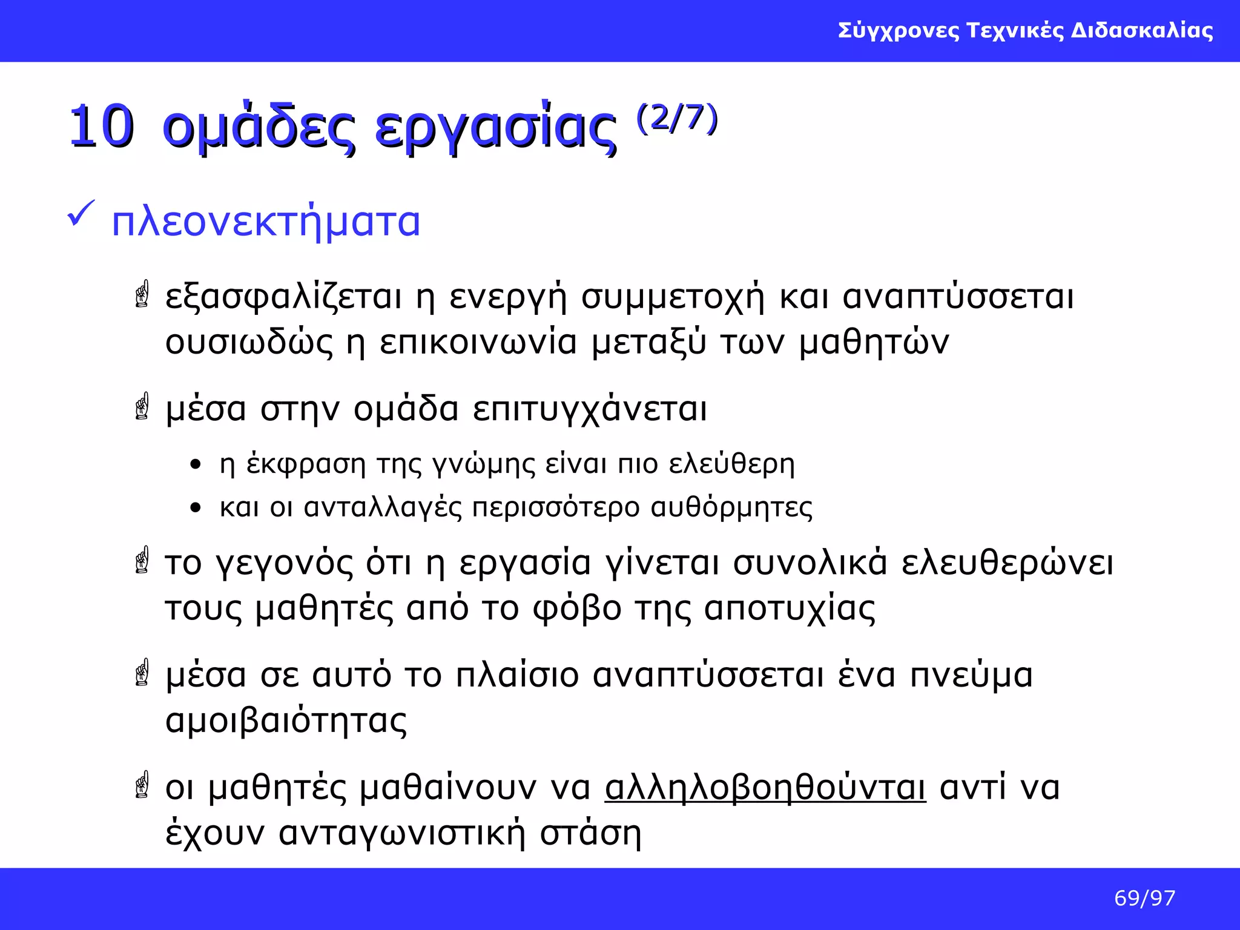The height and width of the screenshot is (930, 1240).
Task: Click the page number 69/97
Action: (x=1144, y=898)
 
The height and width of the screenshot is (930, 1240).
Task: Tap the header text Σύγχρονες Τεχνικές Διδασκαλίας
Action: (x=1025, y=30)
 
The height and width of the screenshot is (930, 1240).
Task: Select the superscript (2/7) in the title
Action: (x=677, y=118)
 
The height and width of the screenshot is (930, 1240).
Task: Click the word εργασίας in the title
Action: (x=495, y=128)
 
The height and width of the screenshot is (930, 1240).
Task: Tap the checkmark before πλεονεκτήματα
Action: (x=81, y=214)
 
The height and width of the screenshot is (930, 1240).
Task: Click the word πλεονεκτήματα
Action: (x=266, y=222)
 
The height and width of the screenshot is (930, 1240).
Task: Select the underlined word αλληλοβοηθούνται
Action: (x=765, y=788)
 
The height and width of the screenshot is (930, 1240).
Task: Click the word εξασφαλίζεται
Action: (x=283, y=297)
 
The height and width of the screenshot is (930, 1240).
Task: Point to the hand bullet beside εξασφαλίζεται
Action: (x=142, y=294)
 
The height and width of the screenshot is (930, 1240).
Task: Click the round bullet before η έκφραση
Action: (x=194, y=465)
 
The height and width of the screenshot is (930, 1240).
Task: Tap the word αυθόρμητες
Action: (x=731, y=507)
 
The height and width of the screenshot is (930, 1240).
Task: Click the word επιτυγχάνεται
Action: (x=590, y=409)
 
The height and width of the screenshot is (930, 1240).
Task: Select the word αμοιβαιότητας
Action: (x=286, y=721)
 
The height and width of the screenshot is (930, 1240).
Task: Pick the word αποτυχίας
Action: (x=790, y=608)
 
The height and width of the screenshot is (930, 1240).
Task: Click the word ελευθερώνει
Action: (x=1007, y=563)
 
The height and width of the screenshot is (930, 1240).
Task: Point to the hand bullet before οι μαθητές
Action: (x=142, y=785)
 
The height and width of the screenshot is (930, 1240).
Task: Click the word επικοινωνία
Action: (x=478, y=342)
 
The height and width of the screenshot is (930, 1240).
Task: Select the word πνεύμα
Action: (x=971, y=675)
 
